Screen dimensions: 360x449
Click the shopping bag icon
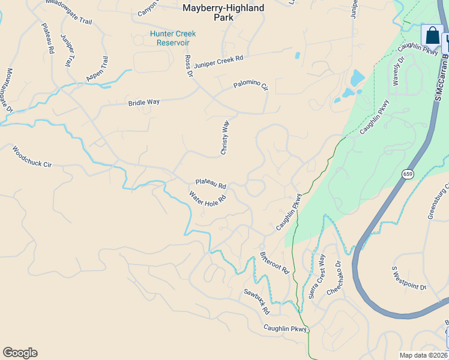point(432,36)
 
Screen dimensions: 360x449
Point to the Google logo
point(20,353)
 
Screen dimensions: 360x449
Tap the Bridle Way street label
point(143,103)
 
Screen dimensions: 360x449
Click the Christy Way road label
point(225,138)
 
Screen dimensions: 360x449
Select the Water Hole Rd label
point(208,198)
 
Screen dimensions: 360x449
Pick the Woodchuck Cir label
point(32,156)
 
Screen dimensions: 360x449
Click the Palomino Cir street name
point(250,86)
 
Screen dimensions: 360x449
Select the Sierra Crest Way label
point(316,277)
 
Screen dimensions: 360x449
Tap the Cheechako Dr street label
point(334,277)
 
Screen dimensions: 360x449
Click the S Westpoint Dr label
point(408,278)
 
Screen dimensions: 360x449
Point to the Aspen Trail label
point(97,69)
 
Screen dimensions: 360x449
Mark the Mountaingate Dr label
point(9,90)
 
